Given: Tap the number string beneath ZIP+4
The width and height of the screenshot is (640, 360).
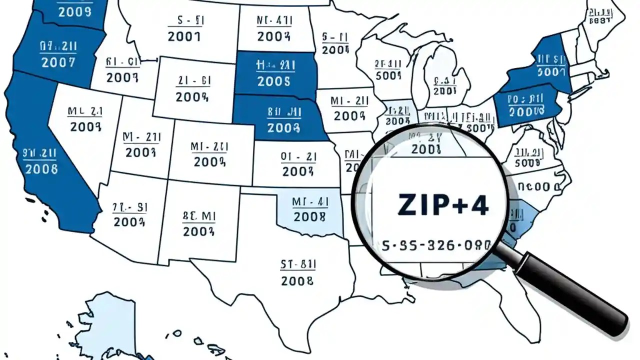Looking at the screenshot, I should (x=436, y=245).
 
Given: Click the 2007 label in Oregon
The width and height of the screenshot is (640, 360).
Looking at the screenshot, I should (x=58, y=62).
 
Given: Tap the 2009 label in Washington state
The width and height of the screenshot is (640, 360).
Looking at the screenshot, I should (x=75, y=11).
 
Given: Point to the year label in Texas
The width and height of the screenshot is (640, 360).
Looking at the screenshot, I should (x=297, y=280).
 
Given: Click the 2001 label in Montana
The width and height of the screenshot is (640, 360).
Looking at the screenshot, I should (x=184, y=36).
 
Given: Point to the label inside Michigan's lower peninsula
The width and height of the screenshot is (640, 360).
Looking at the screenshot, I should (x=444, y=90).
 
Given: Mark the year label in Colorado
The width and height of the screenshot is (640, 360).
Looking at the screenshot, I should (x=209, y=161).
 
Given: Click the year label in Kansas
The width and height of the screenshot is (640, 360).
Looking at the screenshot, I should (x=298, y=171).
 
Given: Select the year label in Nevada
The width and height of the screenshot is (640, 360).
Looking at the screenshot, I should (x=85, y=126).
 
